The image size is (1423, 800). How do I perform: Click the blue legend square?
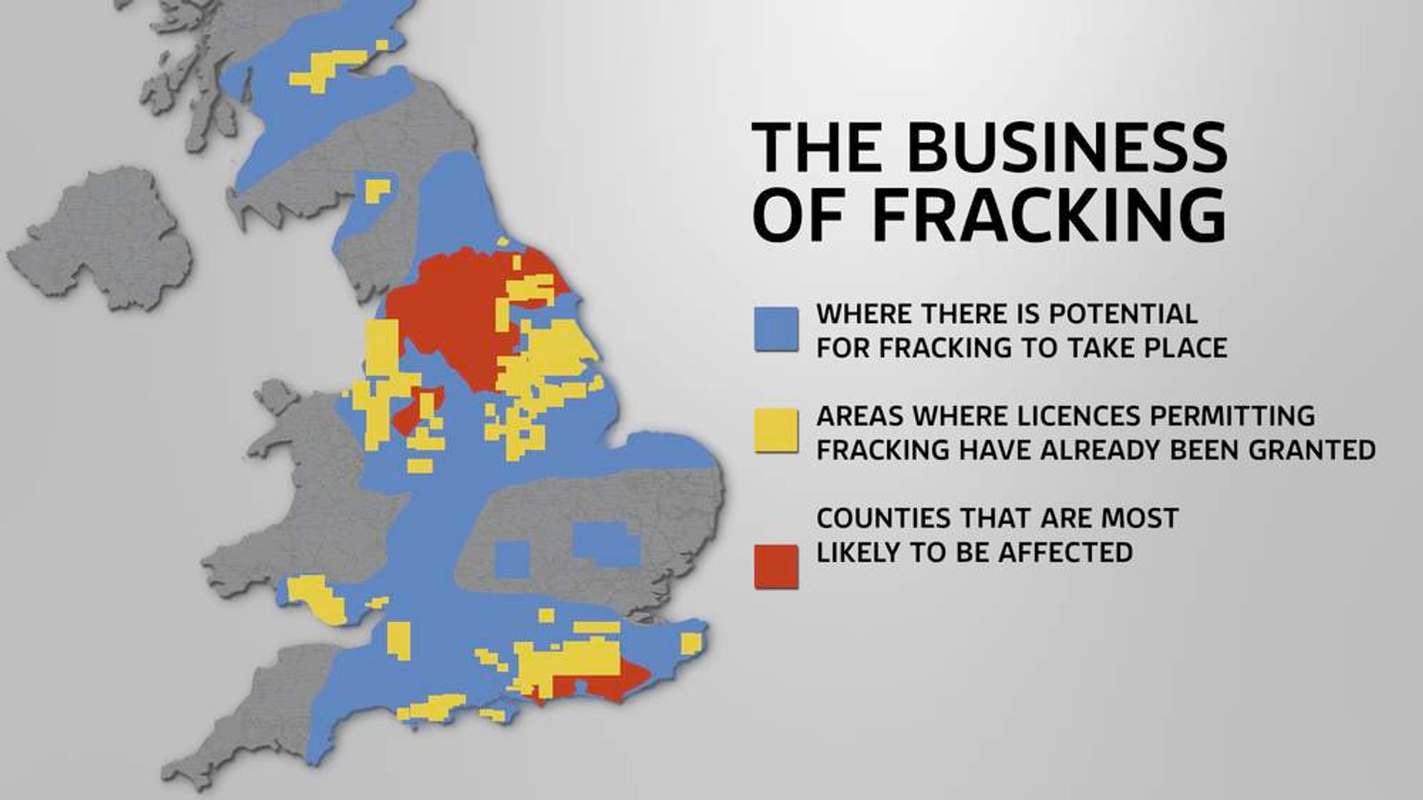click(776, 329)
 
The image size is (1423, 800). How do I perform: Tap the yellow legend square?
click(776, 431)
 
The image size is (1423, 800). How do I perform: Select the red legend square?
click(776, 567)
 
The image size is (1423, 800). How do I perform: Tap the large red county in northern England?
click(452, 306)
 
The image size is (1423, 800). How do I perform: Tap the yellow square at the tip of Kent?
click(692, 643)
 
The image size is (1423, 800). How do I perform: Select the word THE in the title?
click(809, 147)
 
